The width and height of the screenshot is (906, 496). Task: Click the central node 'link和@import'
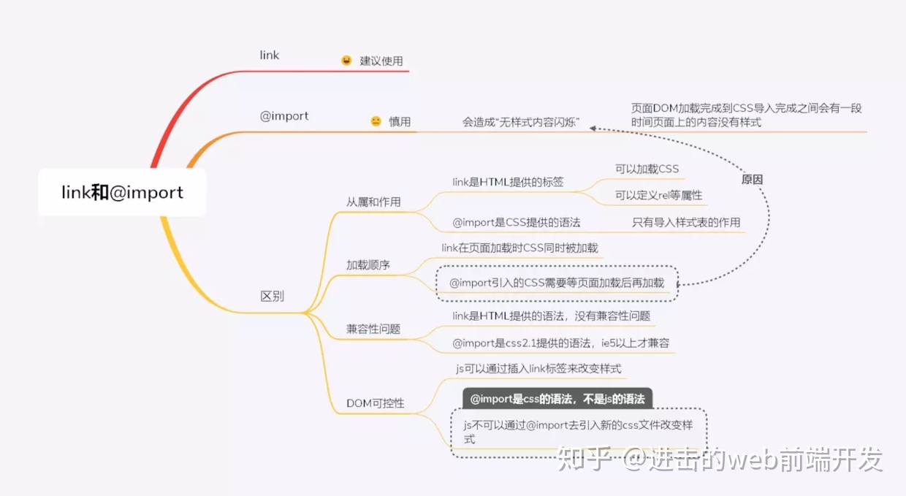[122, 192]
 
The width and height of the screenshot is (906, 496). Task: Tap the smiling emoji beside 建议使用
[346, 61]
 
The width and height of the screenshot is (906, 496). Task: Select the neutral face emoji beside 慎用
[376, 121]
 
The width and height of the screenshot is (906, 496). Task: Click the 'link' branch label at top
[270, 55]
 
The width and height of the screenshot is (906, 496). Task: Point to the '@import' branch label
[284, 116]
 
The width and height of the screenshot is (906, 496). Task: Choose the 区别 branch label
[273, 296]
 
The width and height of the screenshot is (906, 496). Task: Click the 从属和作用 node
[373, 202]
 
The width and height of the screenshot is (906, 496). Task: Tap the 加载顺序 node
[368, 264]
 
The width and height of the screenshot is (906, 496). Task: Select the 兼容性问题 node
[373, 329]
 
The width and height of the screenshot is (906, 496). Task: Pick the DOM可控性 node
[376, 403]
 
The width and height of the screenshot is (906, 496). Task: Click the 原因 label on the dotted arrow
[753, 180]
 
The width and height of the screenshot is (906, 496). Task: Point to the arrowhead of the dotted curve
[593, 128]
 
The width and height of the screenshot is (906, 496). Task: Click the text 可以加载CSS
[647, 169]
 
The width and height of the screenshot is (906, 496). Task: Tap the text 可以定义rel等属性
[658, 195]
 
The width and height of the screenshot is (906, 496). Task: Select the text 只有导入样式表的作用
[686, 222]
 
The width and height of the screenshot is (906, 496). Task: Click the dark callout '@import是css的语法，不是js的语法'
[557, 399]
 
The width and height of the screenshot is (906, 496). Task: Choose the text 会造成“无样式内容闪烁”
[521, 122]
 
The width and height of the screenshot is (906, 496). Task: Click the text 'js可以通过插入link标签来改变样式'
[538, 368]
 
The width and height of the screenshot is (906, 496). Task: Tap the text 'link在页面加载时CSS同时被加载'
[519, 248]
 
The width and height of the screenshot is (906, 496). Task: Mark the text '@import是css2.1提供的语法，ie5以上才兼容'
[560, 343]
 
